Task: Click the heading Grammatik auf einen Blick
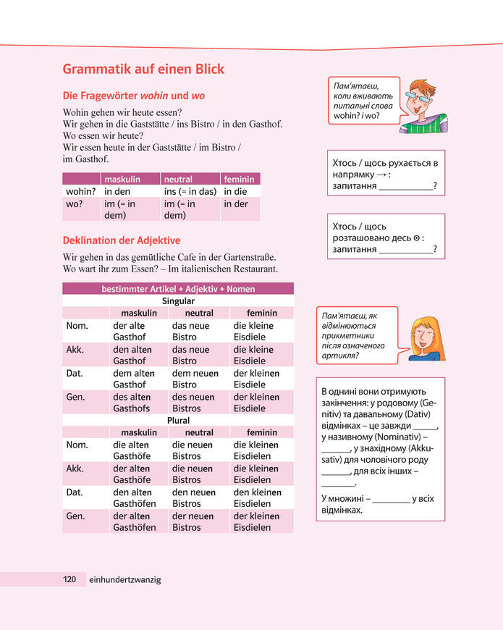pyautogui.click(x=143, y=70)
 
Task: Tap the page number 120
pyautogui.click(x=69, y=579)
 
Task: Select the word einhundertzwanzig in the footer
pyautogui.click(x=124, y=579)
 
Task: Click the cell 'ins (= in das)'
pyautogui.click(x=190, y=191)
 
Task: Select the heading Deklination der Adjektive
pyautogui.click(x=122, y=240)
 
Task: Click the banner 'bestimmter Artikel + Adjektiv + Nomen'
pyautogui.click(x=178, y=289)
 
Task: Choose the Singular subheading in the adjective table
pyautogui.click(x=178, y=301)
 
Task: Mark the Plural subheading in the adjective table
pyautogui.click(x=178, y=420)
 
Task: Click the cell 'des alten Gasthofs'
pyautogui.click(x=132, y=402)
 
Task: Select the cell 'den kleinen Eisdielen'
pyautogui.click(x=256, y=497)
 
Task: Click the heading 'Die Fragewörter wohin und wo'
pyautogui.click(x=134, y=95)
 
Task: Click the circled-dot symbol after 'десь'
pyautogui.click(x=415, y=238)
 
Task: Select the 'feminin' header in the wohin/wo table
pyautogui.click(x=239, y=179)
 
